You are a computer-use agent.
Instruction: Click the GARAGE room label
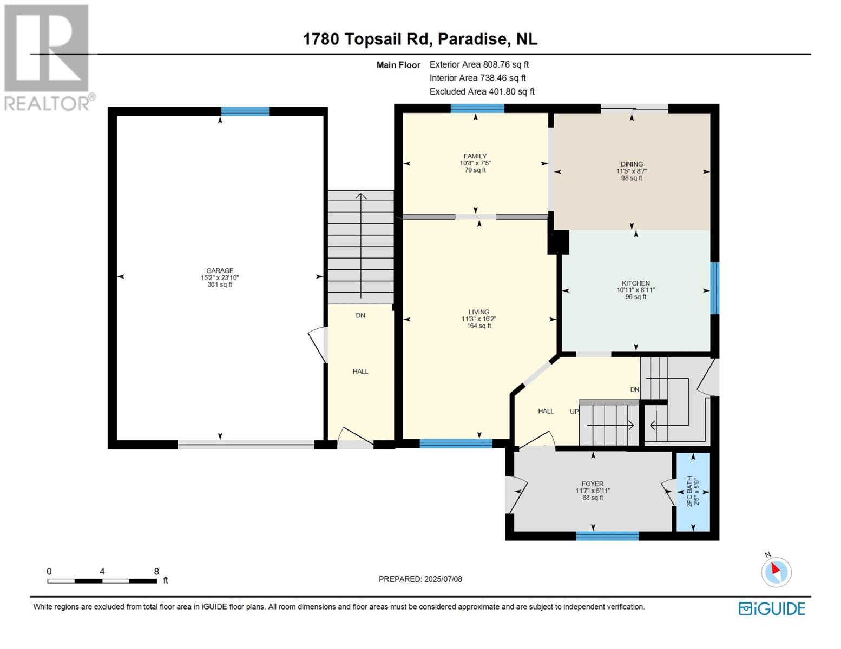pyautogui.click(x=220, y=271)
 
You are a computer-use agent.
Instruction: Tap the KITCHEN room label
pyautogui.click(x=635, y=283)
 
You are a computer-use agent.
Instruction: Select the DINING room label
pyautogui.click(x=632, y=164)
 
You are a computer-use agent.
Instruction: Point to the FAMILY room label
pyautogui.click(x=475, y=156)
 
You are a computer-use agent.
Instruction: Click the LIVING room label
pyautogui.click(x=478, y=312)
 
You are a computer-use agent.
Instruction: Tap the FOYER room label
pyautogui.click(x=593, y=484)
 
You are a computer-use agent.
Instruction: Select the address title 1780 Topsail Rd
pyautogui.click(x=420, y=39)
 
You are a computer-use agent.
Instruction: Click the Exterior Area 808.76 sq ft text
pyautogui.click(x=479, y=64)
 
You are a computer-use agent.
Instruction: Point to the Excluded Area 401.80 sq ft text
pyautogui.click(x=482, y=92)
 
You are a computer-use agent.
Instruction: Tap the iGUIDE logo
pyautogui.click(x=772, y=609)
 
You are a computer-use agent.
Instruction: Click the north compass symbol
pyautogui.click(x=776, y=571)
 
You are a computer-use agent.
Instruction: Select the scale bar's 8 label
pyautogui.click(x=156, y=572)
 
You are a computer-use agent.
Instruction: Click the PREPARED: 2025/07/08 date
pyautogui.click(x=420, y=579)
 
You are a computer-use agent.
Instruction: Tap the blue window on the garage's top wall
pyautogui.click(x=245, y=111)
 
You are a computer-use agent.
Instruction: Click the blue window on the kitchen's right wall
pyautogui.click(x=715, y=288)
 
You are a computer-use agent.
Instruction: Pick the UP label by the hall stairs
pyautogui.click(x=574, y=412)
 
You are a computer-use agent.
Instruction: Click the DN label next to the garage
pyautogui.click(x=360, y=315)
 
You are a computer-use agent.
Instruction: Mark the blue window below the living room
pyautogui.click(x=456, y=444)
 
